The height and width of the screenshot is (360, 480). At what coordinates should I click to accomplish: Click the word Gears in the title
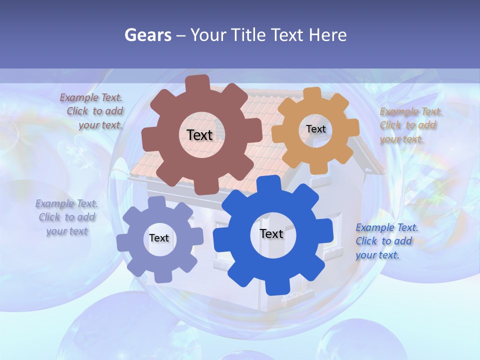148,35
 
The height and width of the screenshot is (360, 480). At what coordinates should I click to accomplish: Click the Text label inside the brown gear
199,135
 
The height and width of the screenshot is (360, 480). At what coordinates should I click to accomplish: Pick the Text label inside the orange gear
315,129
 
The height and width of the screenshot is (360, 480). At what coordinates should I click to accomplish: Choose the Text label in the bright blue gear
271,233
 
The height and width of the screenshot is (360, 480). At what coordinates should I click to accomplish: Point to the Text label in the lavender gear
158,238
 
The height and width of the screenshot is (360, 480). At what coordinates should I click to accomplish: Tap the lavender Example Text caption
66,217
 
